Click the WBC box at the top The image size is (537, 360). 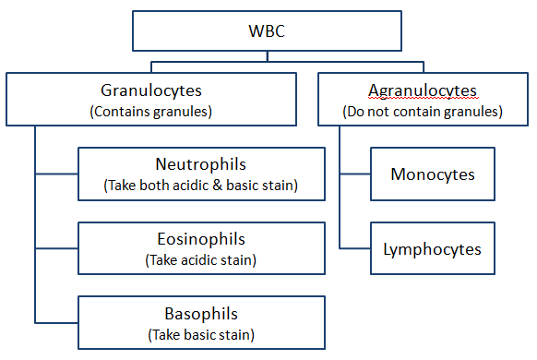[268, 31]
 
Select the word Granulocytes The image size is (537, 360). [150, 90]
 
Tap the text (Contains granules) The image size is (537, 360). [150, 111]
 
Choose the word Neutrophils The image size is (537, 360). [200, 164]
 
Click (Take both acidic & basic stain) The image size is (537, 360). [200, 185]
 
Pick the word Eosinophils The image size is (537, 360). [200, 239]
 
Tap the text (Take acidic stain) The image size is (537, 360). [200, 259]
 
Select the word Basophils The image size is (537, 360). [200, 313]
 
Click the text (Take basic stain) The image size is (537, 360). [200, 333]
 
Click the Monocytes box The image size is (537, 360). [433, 174]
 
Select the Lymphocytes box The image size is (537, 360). [433, 248]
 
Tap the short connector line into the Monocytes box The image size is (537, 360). [355, 174]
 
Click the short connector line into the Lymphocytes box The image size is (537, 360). [355, 248]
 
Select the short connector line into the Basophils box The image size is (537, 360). [56, 322]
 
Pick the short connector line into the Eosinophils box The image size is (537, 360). [56, 248]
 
